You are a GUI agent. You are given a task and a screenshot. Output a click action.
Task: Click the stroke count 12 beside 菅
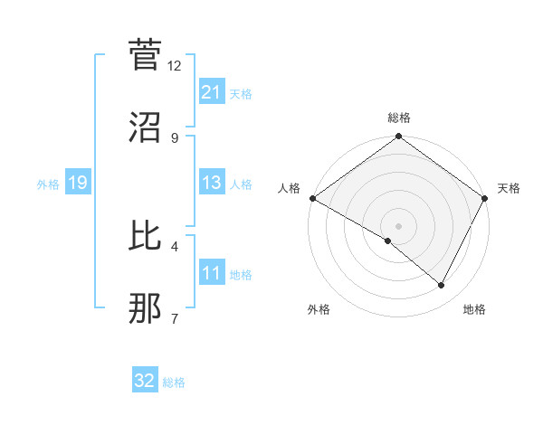pyautogui.click(x=175, y=66)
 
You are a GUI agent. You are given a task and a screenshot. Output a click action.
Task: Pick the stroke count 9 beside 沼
pyautogui.click(x=175, y=137)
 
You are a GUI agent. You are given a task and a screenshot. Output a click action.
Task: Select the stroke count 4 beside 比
pyautogui.click(x=175, y=246)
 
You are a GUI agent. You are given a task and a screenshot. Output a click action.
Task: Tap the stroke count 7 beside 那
pyautogui.click(x=175, y=318)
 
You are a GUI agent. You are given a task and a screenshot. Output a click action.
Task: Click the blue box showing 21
pyautogui.click(x=211, y=91)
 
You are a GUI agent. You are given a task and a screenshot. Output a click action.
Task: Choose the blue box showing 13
pyautogui.click(x=211, y=184)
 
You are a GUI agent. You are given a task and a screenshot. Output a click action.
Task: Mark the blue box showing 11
pyautogui.click(x=211, y=274)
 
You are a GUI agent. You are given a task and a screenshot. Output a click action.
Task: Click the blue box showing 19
pyautogui.click(x=77, y=184)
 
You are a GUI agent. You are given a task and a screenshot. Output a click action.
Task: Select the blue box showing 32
pyautogui.click(x=145, y=382)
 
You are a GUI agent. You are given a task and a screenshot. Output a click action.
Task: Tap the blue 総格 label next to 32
pyautogui.click(x=175, y=382)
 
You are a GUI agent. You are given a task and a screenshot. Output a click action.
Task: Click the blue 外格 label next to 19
pyautogui.click(x=48, y=184)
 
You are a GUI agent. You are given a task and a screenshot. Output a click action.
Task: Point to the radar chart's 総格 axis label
pyautogui.click(x=398, y=118)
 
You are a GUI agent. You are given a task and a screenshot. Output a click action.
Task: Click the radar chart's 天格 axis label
pyautogui.click(x=509, y=188)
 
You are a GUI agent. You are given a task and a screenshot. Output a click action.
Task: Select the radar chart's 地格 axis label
pyautogui.click(x=474, y=310)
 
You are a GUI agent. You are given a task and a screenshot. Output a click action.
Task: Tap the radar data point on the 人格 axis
pyautogui.click(x=311, y=198)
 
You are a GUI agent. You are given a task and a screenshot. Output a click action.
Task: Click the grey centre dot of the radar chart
pyautogui.click(x=398, y=225)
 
